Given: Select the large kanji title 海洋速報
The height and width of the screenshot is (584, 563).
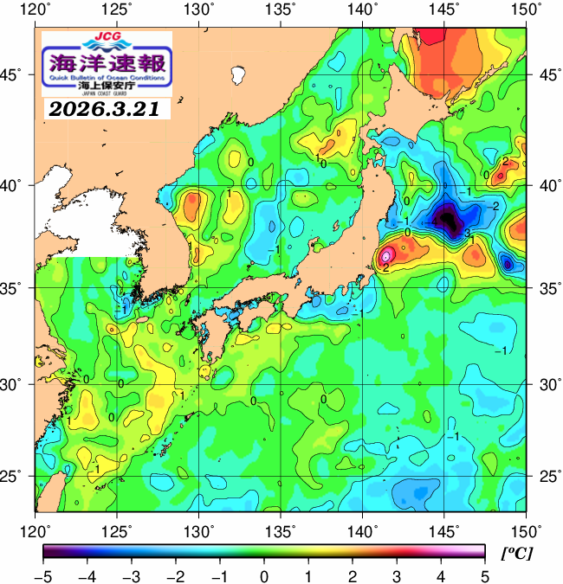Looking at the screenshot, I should point(107,63).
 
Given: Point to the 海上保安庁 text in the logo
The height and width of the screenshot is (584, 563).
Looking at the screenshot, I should point(107,86).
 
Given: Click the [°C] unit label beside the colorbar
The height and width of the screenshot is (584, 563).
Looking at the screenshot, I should point(519,552).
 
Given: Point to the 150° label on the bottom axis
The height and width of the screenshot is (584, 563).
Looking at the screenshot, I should point(525,529).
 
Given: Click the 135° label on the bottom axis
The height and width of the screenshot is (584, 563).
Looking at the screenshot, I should point(281,529).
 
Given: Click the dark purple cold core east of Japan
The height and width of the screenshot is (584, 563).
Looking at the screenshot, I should point(449,220).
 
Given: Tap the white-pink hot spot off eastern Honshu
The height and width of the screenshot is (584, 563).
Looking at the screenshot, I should point(387,254).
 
